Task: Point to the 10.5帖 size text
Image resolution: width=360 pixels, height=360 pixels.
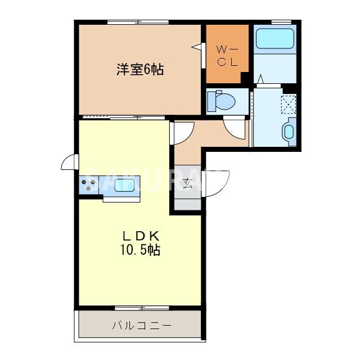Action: point(139,250)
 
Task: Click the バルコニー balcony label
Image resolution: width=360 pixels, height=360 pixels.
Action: point(141,326)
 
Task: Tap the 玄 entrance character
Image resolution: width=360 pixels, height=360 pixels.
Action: point(187,182)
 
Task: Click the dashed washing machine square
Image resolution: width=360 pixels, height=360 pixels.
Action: point(289,104)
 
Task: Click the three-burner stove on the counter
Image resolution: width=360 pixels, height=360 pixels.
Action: point(89,182)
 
